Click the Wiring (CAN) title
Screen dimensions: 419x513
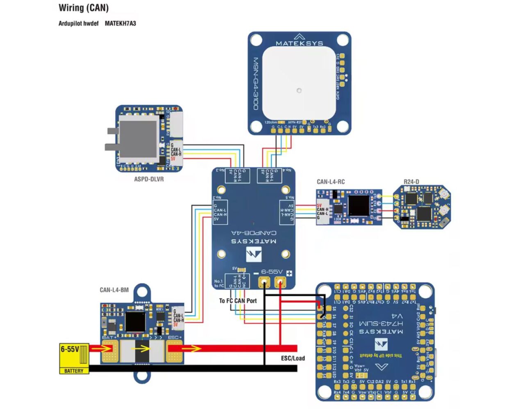[x=84, y=8]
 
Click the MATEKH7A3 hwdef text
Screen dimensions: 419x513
[x=120, y=23]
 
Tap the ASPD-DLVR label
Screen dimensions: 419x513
[x=149, y=179]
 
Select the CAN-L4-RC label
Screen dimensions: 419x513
[x=331, y=182]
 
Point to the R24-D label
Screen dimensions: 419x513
[x=411, y=182]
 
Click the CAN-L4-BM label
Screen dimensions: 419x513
[x=114, y=290]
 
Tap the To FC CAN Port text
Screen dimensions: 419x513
[x=238, y=301]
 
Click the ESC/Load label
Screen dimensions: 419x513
[x=293, y=358]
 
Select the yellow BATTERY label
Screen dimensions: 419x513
[x=74, y=371]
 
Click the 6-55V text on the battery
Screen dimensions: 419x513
[x=70, y=349]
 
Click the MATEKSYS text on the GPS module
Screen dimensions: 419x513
[x=299, y=43]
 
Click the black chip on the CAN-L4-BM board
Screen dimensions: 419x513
[x=135, y=322]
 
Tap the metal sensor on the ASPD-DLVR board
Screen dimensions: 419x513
[x=138, y=138]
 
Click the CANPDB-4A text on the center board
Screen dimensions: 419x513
[x=254, y=233]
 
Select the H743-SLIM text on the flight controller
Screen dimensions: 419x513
[x=381, y=323]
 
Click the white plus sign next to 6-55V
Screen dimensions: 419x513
[x=289, y=273]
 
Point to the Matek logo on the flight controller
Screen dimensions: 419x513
[x=381, y=344]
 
